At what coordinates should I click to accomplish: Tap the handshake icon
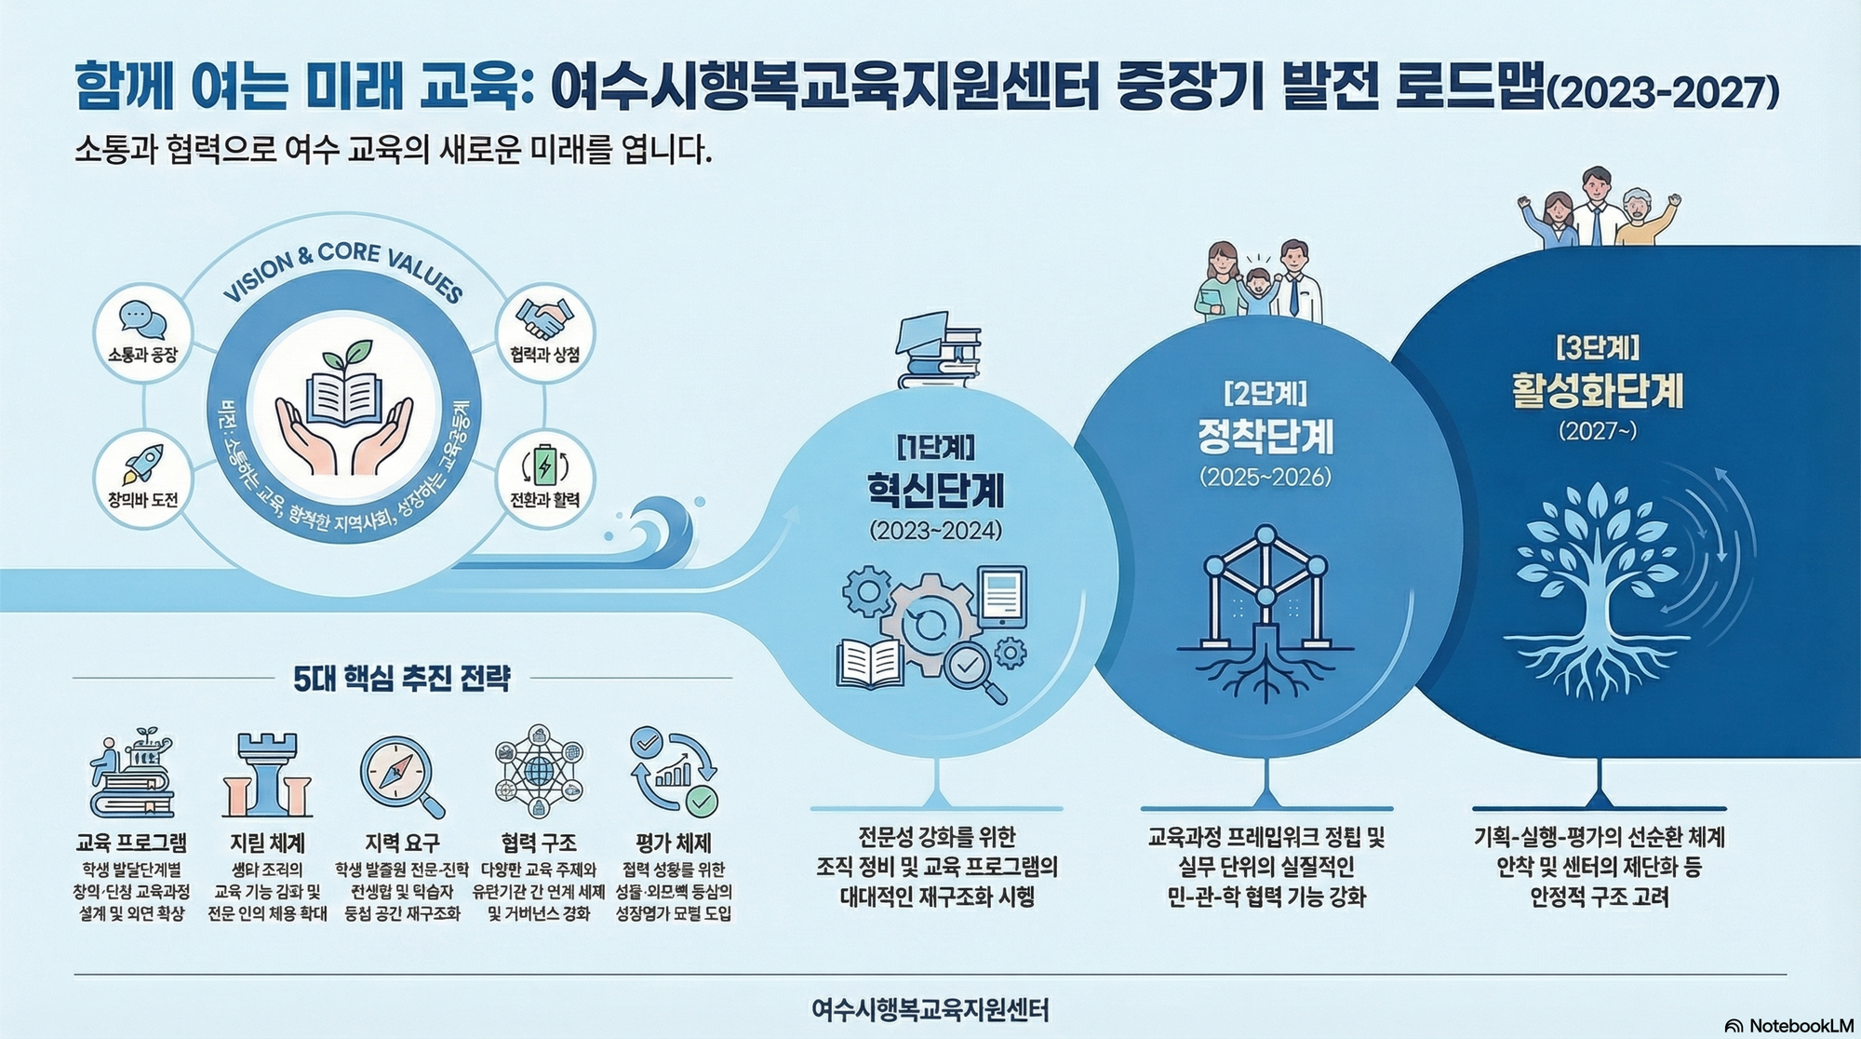pyautogui.click(x=544, y=318)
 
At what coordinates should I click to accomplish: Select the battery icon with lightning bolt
pyautogui.click(x=544, y=466)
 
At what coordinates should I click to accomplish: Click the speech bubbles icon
pyautogui.click(x=142, y=321)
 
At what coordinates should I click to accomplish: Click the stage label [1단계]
pyautogui.click(x=935, y=448)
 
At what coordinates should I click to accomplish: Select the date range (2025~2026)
pyautogui.click(x=1265, y=477)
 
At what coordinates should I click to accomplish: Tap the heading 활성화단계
pyautogui.click(x=1597, y=391)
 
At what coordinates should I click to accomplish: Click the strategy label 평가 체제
pyautogui.click(x=674, y=843)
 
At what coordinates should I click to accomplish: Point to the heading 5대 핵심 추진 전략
pyautogui.click(x=402, y=679)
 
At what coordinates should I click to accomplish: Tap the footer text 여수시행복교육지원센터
pyautogui.click(x=930, y=1009)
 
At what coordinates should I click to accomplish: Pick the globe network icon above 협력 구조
pyautogui.click(x=539, y=772)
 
